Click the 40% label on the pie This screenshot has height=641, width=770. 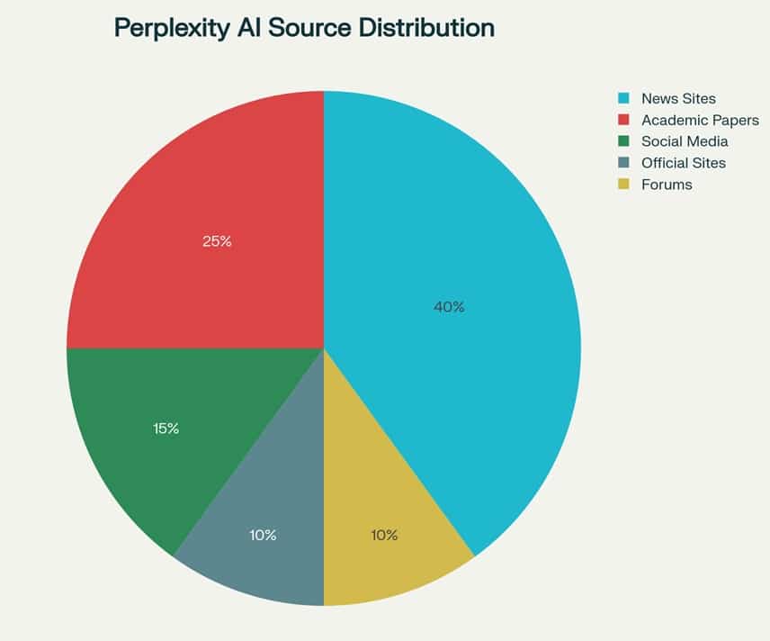click(x=449, y=307)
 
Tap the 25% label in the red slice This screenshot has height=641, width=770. click(x=217, y=241)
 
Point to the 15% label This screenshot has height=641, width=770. click(x=166, y=429)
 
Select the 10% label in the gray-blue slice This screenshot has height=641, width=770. click(x=263, y=535)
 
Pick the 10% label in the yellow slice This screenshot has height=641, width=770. click(x=384, y=535)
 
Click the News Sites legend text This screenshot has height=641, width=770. click(x=678, y=98)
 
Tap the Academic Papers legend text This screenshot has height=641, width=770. click(x=700, y=120)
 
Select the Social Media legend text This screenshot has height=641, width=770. click(x=685, y=141)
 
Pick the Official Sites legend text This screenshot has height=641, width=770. click(x=683, y=163)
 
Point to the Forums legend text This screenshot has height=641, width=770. click(x=667, y=185)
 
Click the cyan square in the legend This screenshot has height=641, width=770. click(x=622, y=98)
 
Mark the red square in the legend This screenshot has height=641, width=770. click(x=622, y=120)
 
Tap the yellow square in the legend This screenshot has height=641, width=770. click(x=622, y=185)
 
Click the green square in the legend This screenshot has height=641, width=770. click(x=622, y=141)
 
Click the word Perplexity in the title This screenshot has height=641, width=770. click(x=172, y=28)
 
